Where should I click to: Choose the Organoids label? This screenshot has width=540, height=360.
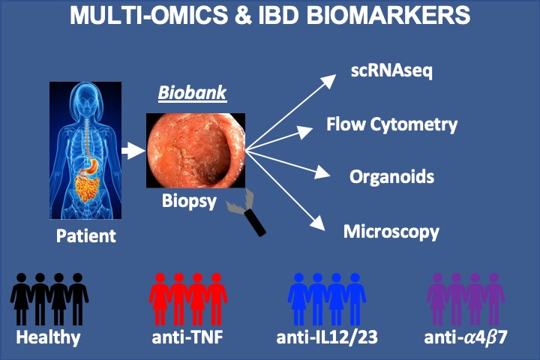[x=391, y=177]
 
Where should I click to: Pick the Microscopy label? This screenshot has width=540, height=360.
[x=391, y=231]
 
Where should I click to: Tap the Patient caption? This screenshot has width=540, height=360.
[x=86, y=236]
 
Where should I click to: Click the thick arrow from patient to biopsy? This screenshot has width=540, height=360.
[x=133, y=151]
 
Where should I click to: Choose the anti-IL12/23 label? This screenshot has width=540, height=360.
[x=327, y=337]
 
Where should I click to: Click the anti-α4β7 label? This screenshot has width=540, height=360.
[x=466, y=337]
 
